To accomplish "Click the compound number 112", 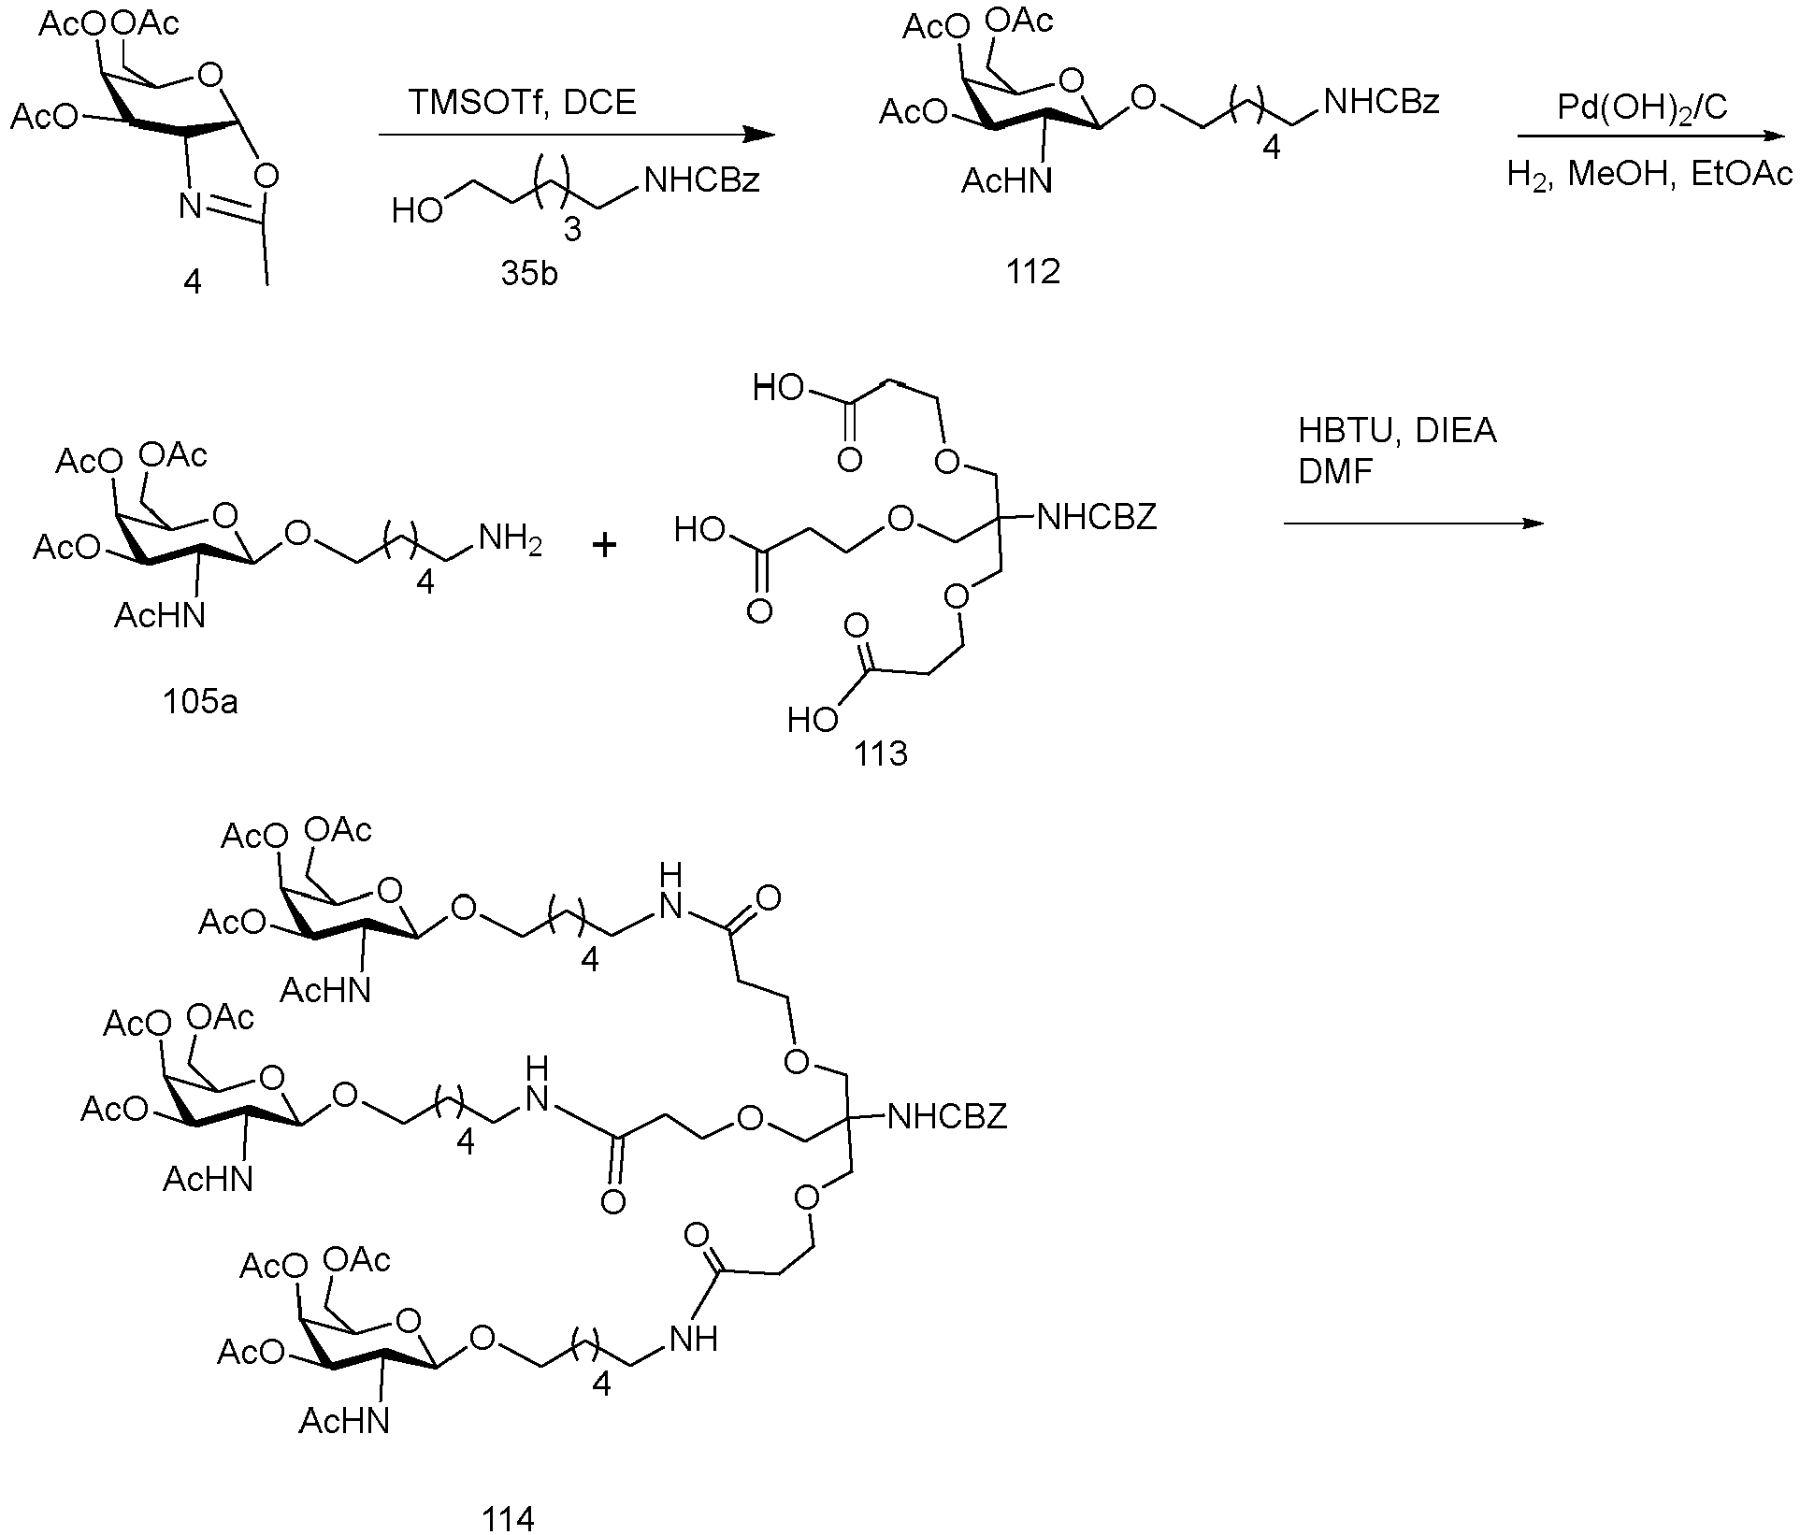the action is point(1033,272).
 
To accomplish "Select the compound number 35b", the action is point(529,277).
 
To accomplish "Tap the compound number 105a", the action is point(200,700).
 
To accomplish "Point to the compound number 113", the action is point(881,753).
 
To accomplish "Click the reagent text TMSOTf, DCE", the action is point(523,102).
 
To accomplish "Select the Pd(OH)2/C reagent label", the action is point(1642,109).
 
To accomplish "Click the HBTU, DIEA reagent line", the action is point(1397,431).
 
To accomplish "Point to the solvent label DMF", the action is point(1335,472).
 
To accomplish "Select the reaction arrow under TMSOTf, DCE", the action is point(577,136).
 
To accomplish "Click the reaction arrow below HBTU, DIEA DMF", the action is point(1413,524).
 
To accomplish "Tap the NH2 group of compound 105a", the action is point(511,540).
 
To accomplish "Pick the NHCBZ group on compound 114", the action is point(946,1115).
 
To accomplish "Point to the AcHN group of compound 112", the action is point(1006,180).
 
